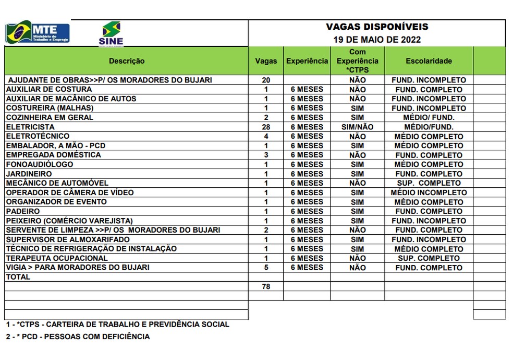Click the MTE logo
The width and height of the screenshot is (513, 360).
coord(37,33)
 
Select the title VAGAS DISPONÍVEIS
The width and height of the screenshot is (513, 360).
coord(377,27)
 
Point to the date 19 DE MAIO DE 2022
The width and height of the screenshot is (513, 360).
coord(377,40)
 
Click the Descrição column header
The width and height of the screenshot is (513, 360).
coord(127,61)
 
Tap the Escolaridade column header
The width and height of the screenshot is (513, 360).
coord(429,61)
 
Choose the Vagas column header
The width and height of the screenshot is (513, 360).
coord(266,61)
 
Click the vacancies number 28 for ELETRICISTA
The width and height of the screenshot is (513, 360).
coord(266,127)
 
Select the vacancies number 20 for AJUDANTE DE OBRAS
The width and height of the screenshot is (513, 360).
coord(266,80)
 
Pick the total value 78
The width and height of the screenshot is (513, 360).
coord(266,286)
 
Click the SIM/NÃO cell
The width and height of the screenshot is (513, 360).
coord(357,127)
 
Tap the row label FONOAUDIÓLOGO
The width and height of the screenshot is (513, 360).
coord(40,164)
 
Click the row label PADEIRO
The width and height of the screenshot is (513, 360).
coord(23,211)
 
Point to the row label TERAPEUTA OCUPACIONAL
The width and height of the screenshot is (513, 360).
coord(57,258)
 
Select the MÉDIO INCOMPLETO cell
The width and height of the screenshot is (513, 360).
coord(429,193)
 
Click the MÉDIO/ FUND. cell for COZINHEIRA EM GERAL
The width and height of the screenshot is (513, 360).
coord(429,117)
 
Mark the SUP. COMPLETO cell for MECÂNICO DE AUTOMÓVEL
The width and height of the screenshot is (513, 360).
coord(429,183)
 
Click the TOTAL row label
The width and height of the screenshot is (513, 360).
coord(18,277)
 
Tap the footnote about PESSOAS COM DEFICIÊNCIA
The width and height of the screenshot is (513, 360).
coord(78,337)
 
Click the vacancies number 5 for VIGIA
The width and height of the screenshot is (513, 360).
coord(266,268)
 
